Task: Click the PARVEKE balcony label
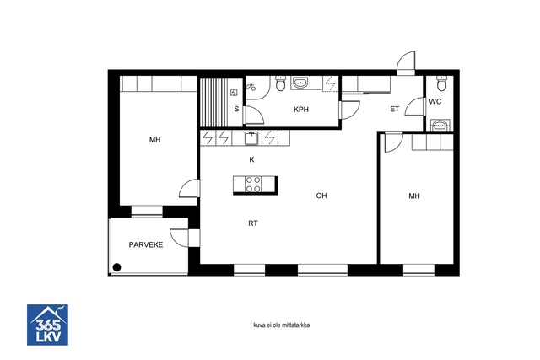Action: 146,245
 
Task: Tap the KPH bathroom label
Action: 301,110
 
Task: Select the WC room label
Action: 435,102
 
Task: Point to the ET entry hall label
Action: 394,110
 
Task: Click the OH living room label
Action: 321,196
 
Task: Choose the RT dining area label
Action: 253,223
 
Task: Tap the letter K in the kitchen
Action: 251,159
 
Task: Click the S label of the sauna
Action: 236,109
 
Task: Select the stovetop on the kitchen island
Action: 253,185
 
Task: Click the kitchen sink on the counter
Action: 251,138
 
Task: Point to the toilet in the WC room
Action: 441,82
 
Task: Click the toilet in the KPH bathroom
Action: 281,83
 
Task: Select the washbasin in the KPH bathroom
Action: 300,83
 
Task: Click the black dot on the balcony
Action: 116,267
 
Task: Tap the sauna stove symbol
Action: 235,92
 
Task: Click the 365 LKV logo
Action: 47,325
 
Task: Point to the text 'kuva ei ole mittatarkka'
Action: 281,325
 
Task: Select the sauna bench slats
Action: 213,103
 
